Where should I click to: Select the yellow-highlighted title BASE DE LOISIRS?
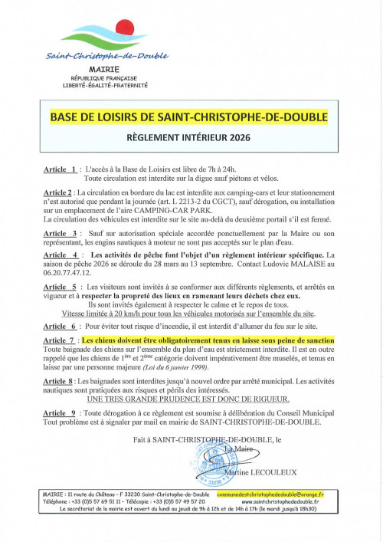(x=188, y=117)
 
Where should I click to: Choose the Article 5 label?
(x=61, y=285)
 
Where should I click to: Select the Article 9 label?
(x=61, y=412)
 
